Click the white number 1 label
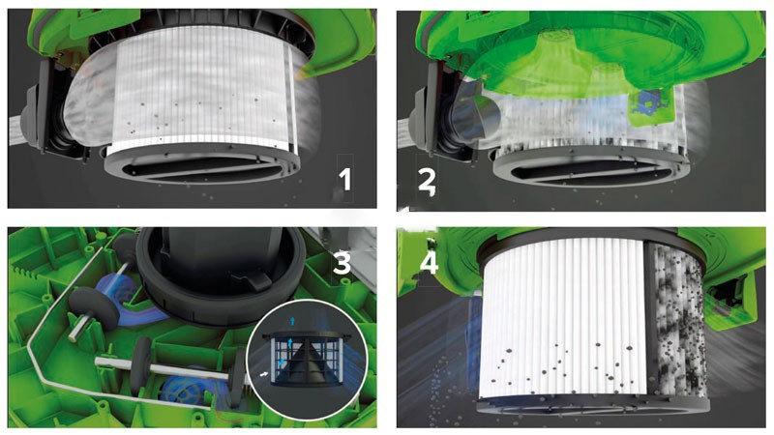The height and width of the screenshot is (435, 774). tap(344, 179)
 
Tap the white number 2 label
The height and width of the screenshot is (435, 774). tap(426, 181)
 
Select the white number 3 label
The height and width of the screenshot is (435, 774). tap(342, 263)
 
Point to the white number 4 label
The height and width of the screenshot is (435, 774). tap(429, 263)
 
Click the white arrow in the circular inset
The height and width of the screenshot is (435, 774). tap(265, 374)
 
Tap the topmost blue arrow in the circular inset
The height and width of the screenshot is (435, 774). tap(293, 321)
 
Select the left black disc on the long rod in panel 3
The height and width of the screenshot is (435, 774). tap(141, 366)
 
